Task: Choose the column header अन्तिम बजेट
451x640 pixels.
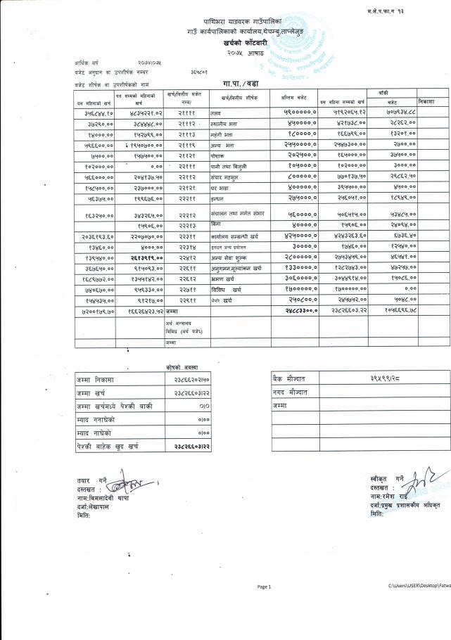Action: pyautogui.click(x=293, y=98)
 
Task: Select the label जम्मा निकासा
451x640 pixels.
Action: pyautogui.click(x=98, y=380)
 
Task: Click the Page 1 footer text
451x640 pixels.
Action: pyautogui.click(x=264, y=586)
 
